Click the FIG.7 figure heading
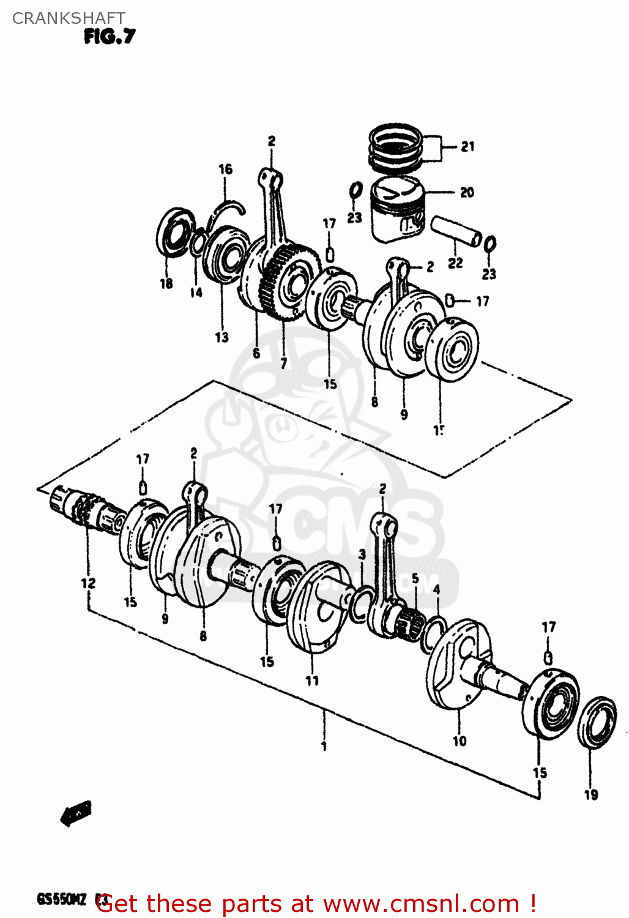tap(110, 37)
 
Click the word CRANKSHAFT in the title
tap(69, 18)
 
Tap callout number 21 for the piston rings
tap(467, 146)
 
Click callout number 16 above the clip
tap(225, 170)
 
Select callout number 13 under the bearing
tap(221, 337)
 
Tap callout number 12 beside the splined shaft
tap(88, 583)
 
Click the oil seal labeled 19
tap(597, 722)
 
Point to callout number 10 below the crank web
tap(459, 741)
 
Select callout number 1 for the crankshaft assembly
tap(324, 746)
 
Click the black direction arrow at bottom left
tap(76, 813)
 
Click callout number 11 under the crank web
tap(312, 681)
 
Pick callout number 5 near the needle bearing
tap(415, 578)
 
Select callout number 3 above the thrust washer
tap(362, 554)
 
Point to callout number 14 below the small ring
tap(196, 293)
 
